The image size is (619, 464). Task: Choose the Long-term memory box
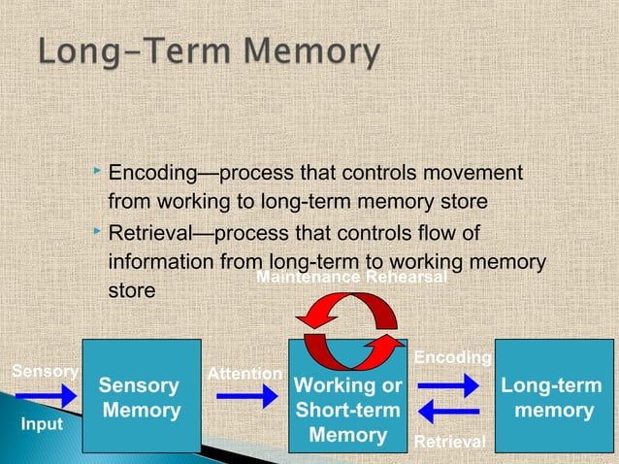[x=549, y=396]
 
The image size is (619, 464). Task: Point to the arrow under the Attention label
[x=246, y=396]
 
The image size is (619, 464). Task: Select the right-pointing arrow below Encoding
[x=448, y=385]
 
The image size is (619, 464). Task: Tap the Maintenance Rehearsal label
[x=351, y=279]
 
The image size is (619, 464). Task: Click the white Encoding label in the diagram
[x=452, y=358]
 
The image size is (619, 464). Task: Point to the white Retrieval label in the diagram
[x=450, y=443]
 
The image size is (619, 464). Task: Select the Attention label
[x=245, y=374]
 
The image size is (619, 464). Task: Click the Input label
[x=42, y=425]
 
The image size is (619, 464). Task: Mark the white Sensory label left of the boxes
[x=43, y=371]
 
